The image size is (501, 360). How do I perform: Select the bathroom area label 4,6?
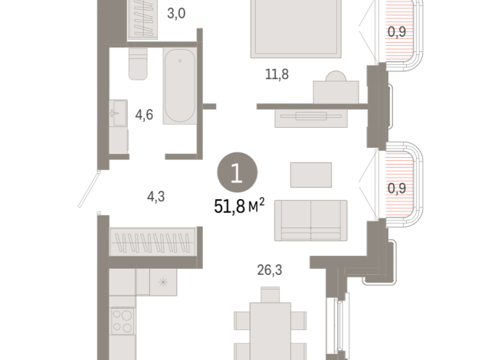(x=144, y=115)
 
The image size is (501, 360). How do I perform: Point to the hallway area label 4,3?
(x=156, y=196)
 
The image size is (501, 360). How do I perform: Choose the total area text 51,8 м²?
(x=239, y=206)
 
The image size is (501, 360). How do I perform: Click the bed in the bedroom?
(x=290, y=28)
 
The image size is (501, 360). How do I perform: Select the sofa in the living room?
(x=310, y=220)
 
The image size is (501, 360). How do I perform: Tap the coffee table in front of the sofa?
(x=311, y=175)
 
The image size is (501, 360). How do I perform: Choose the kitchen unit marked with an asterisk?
(x=162, y=282)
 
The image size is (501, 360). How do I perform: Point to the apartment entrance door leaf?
(x=90, y=187)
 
